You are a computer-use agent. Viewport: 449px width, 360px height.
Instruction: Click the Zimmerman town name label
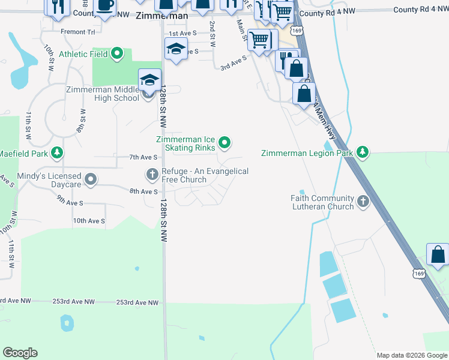tap(161, 16)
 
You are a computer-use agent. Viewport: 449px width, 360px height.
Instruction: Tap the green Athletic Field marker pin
tap(118, 55)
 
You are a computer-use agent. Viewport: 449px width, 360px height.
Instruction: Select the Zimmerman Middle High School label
tap(102, 94)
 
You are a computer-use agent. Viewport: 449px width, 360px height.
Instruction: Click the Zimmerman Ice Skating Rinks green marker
tap(224, 143)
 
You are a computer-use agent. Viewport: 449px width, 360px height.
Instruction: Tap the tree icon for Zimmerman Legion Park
tap(362, 153)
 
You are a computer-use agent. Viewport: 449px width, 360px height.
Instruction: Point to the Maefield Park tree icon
tap(57, 153)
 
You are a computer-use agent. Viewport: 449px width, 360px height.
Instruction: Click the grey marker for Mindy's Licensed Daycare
tap(91, 179)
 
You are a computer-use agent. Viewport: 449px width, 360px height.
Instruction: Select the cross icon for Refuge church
tap(152, 175)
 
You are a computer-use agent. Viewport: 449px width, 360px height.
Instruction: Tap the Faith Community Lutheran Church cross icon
tap(363, 202)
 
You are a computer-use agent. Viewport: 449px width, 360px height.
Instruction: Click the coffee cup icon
tap(105, 6)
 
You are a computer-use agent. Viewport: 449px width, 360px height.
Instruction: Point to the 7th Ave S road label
tap(143, 157)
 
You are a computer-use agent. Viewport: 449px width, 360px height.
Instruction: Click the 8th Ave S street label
tap(143, 191)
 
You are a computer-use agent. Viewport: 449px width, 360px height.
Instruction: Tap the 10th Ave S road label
tap(89, 221)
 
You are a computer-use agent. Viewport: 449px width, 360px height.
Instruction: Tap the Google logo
tap(20, 353)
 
